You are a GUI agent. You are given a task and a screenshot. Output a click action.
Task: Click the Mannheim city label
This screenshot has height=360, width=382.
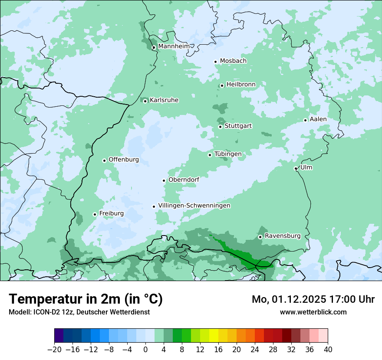pyautogui.click(x=174, y=46)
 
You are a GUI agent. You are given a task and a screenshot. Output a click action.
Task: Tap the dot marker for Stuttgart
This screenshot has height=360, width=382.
pyautogui.click(x=221, y=127)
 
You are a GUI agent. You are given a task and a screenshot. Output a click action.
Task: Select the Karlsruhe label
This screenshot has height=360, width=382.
pyautogui.click(x=164, y=100)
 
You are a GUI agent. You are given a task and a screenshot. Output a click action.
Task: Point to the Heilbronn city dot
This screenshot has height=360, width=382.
pyautogui.click(x=222, y=85)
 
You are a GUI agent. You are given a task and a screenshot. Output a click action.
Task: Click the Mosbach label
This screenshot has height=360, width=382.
pyautogui.click(x=233, y=61)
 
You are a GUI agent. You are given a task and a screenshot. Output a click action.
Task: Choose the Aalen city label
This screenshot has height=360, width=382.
pyautogui.click(x=318, y=119)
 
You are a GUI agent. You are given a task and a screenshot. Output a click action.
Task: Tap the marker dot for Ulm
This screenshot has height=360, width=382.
pyautogui.click(x=296, y=168)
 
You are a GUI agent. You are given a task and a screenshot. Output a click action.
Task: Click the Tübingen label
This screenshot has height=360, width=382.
pyautogui.click(x=228, y=154)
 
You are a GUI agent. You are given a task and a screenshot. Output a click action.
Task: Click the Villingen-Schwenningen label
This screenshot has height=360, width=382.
pyautogui.click(x=194, y=206)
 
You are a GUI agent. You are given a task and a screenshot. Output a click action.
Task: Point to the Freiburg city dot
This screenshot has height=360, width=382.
pyautogui.click(x=95, y=214)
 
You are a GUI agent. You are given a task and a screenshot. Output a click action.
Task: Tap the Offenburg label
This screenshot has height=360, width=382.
pyautogui.click(x=124, y=160)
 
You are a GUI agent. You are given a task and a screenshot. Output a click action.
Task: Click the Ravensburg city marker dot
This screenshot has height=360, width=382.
pyautogui.click(x=260, y=237)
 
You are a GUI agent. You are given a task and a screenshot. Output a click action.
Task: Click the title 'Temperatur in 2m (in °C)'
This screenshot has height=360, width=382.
pyautogui.click(x=86, y=299)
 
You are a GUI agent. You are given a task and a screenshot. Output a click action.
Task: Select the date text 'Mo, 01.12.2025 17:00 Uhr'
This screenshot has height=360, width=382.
pyautogui.click(x=313, y=299)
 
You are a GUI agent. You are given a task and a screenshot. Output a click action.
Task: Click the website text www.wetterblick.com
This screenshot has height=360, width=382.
pyautogui.click(x=313, y=312)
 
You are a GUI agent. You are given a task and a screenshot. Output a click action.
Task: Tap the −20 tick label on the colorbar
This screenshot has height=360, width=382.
pyautogui.click(x=54, y=350)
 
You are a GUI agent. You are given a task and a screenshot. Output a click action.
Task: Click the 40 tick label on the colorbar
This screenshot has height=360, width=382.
pyautogui.click(x=328, y=350)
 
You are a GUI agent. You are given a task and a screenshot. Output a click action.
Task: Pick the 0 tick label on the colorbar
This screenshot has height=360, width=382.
pyautogui.click(x=145, y=350)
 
